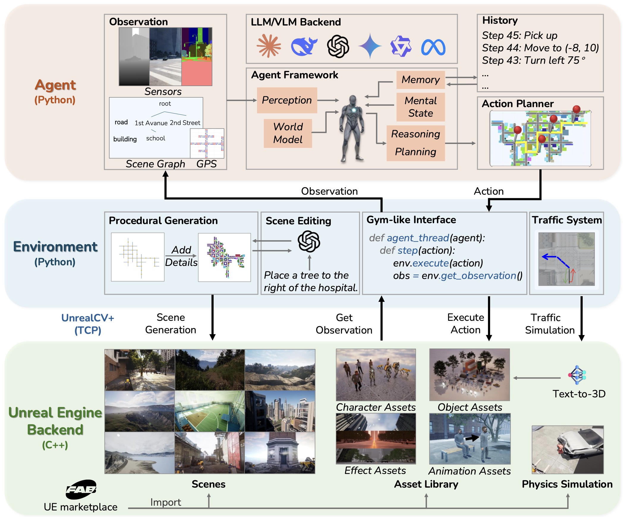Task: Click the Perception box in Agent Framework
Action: tap(287, 100)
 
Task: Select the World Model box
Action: tap(288, 133)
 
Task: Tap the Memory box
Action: tap(420, 80)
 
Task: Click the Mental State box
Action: tap(420, 107)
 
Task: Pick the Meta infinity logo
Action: tap(433, 47)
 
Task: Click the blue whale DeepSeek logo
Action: tap(303, 47)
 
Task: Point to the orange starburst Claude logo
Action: tap(269, 46)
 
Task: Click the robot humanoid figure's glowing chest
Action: tap(354, 110)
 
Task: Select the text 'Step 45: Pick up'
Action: tap(519, 35)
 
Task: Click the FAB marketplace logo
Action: tap(81, 489)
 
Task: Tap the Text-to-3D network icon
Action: tap(577, 375)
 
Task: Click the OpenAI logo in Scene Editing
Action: tap(309, 241)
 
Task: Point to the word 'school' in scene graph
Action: tap(155, 139)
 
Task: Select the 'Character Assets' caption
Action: tap(376, 407)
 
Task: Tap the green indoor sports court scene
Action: tap(209, 412)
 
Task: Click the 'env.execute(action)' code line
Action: tap(438, 263)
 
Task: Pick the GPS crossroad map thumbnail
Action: tap(207, 143)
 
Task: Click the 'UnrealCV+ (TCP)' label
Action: tap(88, 324)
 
